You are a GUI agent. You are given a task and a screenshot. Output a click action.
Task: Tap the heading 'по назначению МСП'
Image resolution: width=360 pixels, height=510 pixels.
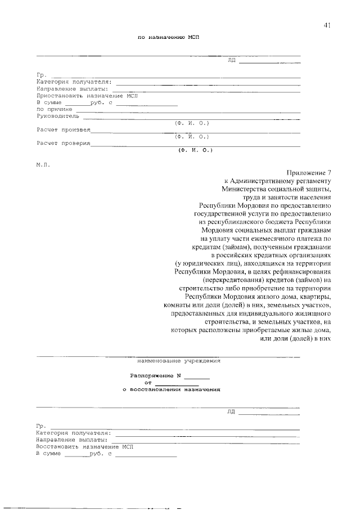tap(169, 37)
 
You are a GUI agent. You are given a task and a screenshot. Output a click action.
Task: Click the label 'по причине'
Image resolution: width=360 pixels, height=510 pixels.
tap(54, 110)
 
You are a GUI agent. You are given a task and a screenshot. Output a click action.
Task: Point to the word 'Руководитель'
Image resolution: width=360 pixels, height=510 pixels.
tap(58, 117)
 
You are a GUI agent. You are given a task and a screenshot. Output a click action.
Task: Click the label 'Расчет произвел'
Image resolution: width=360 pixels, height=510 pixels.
tap(63, 130)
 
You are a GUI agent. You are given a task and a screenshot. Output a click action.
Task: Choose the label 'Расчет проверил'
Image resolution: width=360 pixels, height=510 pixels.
tap(63, 144)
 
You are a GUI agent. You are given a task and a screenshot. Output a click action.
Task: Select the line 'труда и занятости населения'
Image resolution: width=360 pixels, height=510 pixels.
tap(288, 198)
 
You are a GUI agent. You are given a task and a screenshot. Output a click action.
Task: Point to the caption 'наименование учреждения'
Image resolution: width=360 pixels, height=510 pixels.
tap(179, 360)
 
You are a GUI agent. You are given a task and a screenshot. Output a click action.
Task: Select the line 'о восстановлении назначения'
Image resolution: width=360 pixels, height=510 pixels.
tap(171, 388)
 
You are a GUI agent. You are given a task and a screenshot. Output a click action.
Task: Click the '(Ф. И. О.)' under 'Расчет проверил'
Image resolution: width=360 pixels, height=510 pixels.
tap(195, 150)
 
